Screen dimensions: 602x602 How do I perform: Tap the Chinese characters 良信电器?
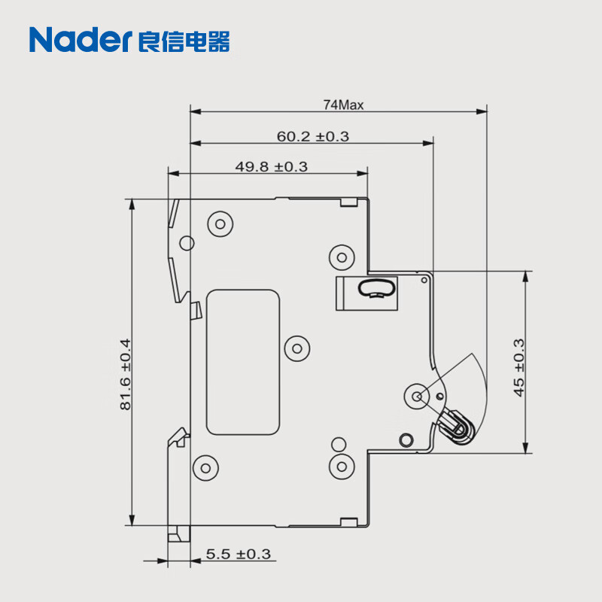tap(185, 39)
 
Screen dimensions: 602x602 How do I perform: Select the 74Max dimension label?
tap(343, 105)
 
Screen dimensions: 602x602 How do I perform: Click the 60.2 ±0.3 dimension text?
tap(312, 136)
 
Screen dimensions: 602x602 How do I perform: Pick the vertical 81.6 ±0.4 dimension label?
tap(125, 374)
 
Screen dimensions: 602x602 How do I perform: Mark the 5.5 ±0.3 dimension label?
tap(238, 555)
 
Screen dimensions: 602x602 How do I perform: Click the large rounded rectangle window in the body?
tap(243, 363)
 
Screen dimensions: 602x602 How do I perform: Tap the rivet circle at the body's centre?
tap(299, 348)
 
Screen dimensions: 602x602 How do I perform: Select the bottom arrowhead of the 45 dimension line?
tap(525, 449)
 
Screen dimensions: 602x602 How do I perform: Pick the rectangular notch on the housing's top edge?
tap(348, 201)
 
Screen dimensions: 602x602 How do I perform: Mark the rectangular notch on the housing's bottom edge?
tap(348, 521)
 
